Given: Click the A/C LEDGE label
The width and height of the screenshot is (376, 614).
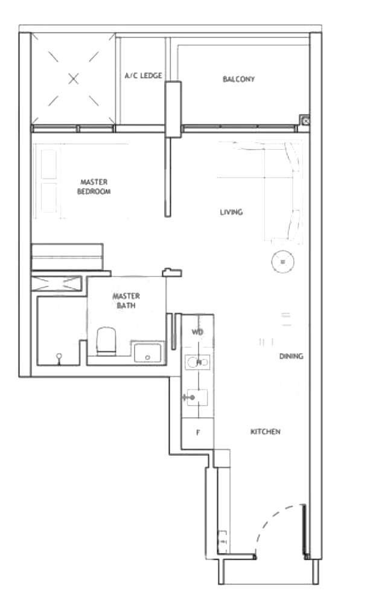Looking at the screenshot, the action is click(143, 75).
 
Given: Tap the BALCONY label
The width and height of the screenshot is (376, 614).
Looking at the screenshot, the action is click(238, 79).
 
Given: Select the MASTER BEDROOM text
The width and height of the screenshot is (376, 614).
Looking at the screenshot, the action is click(94, 187).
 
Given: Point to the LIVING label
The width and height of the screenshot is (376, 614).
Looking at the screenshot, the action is click(231, 213).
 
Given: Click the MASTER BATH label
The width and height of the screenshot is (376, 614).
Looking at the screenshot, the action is click(126, 301).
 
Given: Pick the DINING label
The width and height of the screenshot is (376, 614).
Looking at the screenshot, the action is click(291, 356).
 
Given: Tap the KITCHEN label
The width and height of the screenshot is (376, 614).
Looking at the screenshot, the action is click(266, 432).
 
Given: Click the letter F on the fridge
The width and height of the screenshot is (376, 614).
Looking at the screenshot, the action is click(198, 433).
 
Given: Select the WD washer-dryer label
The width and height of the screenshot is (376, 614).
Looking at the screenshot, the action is click(197, 332).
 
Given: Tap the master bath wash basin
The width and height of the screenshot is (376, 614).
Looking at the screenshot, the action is click(147, 353).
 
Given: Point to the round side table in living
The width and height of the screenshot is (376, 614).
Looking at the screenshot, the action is click(283, 261).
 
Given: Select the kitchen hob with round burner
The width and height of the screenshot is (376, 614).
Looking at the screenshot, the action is click(197, 362).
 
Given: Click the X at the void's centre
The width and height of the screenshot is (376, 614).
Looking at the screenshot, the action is click(74, 79).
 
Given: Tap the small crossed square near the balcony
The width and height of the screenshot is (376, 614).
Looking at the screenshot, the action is click(305, 121).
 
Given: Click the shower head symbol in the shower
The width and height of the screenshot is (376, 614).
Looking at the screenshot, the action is click(59, 358).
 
